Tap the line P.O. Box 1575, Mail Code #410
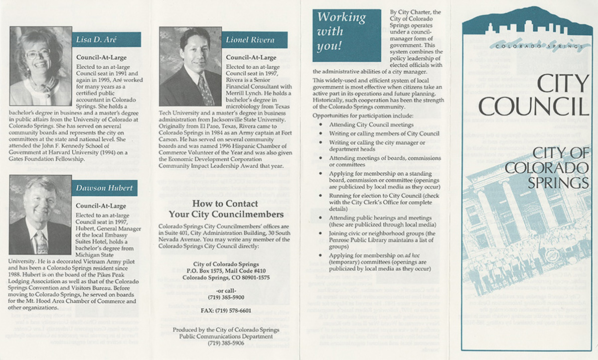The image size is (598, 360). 226,270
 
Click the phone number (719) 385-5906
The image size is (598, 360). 226,343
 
